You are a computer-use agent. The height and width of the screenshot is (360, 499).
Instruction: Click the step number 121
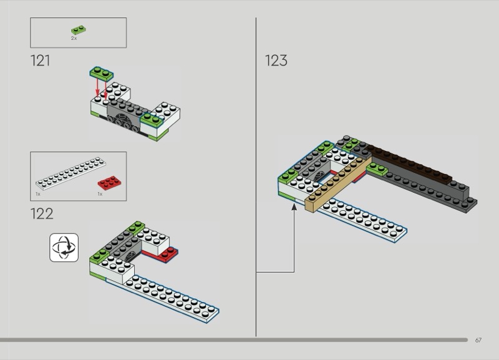(x=40, y=61)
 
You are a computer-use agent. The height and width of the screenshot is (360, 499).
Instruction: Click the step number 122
(x=42, y=213)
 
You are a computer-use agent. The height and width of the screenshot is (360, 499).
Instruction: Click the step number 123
(x=276, y=61)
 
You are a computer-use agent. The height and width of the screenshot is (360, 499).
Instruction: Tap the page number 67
(x=478, y=340)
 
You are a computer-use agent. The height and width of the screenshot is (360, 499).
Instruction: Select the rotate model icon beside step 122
(x=64, y=248)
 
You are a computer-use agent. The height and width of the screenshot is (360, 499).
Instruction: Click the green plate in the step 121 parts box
(x=79, y=30)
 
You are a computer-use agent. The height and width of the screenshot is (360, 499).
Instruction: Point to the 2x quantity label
(x=74, y=38)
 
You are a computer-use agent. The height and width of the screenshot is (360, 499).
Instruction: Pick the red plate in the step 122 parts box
(x=109, y=183)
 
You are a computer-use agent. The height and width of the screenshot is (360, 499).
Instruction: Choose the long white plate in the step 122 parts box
(x=70, y=173)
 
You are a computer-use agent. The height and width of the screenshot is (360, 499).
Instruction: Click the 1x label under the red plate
(x=100, y=194)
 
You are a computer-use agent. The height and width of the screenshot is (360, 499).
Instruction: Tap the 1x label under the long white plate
(x=38, y=194)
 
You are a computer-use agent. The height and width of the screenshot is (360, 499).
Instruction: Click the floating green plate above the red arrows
(x=102, y=73)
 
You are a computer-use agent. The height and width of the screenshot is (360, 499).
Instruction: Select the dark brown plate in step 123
(x=409, y=164)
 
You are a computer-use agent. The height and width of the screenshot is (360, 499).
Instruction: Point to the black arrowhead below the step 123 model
(x=294, y=207)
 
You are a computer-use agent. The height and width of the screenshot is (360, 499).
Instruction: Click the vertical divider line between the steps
(x=256, y=177)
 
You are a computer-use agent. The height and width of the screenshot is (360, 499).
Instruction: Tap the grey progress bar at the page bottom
(x=234, y=340)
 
